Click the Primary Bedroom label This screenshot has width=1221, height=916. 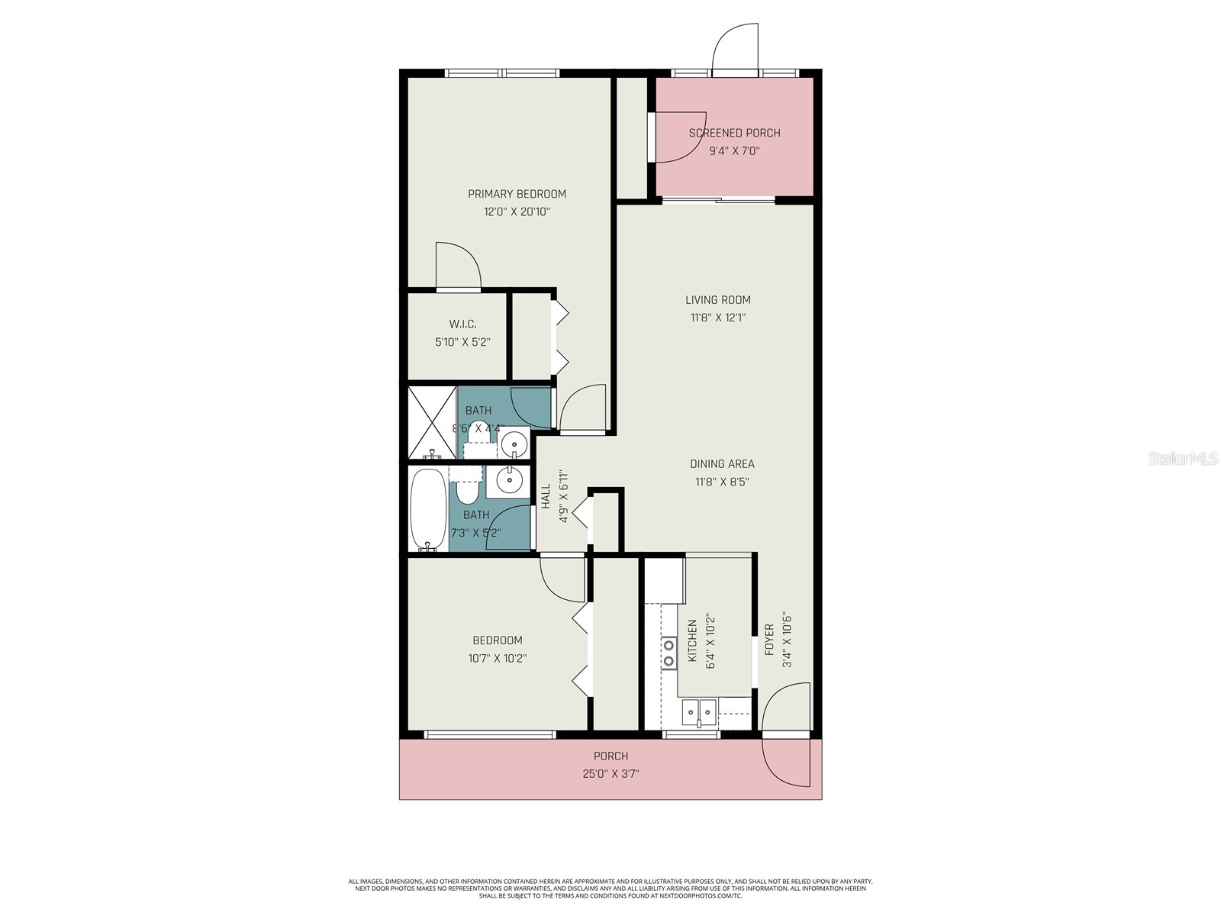point(517,194)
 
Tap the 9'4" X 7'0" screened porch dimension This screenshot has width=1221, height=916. point(734,151)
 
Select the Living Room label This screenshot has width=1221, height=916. point(717,300)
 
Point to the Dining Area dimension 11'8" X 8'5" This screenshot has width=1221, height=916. point(721,482)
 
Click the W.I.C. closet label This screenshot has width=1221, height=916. point(462,324)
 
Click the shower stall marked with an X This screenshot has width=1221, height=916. point(432,423)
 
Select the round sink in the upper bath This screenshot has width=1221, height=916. point(514,443)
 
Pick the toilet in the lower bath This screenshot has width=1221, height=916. point(467,489)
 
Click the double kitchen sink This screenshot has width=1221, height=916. point(699,714)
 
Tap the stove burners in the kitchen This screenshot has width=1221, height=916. point(668,653)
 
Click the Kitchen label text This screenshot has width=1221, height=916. point(692,641)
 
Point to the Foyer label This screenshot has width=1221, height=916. point(768,640)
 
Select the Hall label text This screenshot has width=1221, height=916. point(546,497)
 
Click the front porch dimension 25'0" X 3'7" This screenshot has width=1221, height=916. point(610,773)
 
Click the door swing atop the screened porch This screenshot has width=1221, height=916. point(734,47)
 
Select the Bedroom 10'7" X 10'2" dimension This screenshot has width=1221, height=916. point(498,658)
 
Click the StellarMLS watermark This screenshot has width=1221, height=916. point(1182,459)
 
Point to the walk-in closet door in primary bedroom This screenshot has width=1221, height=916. point(458,267)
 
